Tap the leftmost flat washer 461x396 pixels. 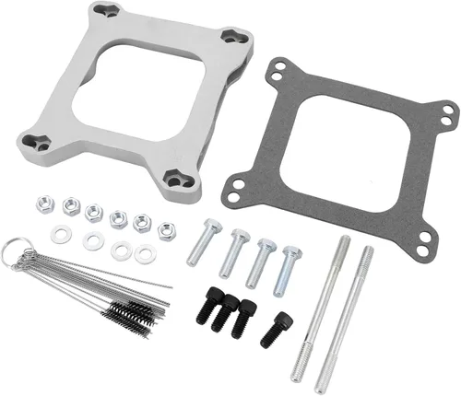tap(59, 234)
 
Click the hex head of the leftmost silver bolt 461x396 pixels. tap(211, 225)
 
